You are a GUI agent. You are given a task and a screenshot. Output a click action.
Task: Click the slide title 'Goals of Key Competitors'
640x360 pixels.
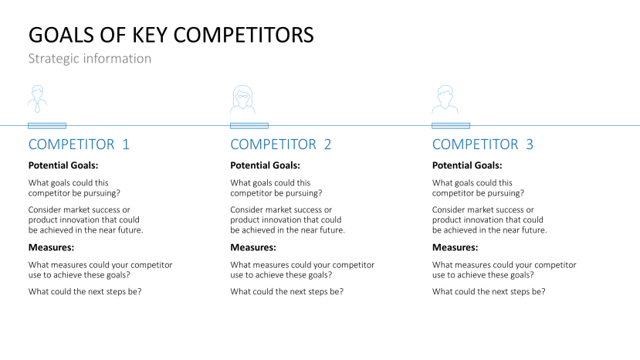tap(171, 35)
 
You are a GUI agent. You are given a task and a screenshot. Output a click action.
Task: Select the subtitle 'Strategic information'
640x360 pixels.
tap(90, 59)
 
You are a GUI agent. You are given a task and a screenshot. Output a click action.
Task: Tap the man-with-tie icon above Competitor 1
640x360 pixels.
tap(36, 100)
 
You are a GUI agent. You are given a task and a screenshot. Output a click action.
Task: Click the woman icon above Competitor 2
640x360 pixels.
tap(242, 100)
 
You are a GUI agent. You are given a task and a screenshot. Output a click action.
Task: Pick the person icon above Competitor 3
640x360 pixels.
tap(444, 100)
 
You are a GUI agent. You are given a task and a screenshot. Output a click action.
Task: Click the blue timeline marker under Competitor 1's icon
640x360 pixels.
tap(47, 125)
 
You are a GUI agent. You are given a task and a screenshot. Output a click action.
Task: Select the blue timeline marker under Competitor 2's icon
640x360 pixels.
tap(249, 125)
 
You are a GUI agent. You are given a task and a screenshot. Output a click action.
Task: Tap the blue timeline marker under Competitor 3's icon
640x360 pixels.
tap(451, 125)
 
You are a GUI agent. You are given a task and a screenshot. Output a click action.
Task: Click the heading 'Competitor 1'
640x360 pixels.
tap(79, 144)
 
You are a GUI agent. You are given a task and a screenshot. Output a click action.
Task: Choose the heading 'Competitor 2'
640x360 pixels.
tap(281, 144)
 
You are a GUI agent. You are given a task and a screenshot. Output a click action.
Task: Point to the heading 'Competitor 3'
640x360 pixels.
tap(483, 144)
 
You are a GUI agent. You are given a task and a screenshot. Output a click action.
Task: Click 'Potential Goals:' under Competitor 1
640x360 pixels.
tap(63, 165)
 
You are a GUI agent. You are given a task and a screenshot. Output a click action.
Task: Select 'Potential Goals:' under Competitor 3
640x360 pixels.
tap(467, 165)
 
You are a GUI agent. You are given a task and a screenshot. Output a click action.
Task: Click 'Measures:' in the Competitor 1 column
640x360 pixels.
tap(51, 247)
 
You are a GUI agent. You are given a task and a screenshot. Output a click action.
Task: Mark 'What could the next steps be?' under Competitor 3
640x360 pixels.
tap(489, 291)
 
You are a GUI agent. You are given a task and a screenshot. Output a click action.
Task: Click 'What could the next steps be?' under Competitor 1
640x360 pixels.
tap(85, 291)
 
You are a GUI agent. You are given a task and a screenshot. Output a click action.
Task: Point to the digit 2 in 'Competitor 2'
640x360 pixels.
tap(327, 144)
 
